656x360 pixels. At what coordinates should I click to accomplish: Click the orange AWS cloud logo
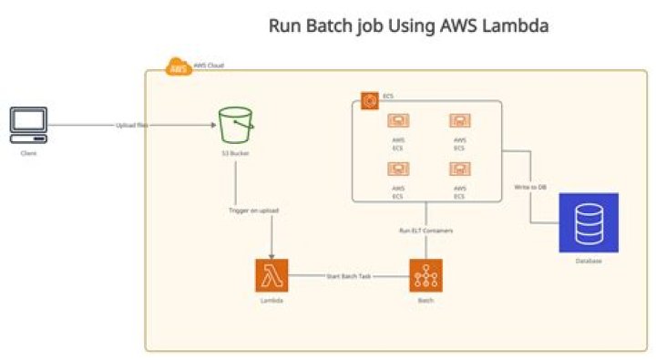178,67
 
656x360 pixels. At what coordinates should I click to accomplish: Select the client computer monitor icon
29,123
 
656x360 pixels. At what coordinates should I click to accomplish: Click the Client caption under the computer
29,153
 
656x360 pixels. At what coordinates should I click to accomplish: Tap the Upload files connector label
132,125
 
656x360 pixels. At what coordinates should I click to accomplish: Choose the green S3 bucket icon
236,124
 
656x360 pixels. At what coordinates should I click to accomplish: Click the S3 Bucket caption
235,153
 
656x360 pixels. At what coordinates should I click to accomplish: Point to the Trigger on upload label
253,211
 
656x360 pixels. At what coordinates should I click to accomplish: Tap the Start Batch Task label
348,275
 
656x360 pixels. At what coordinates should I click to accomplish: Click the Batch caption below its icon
425,300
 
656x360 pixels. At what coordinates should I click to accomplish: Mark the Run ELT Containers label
426,231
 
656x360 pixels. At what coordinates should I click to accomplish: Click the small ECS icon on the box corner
369,100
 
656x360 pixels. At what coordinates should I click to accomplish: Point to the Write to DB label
530,187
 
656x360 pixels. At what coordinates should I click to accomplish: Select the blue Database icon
588,222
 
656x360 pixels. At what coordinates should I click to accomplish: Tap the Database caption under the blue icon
588,261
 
